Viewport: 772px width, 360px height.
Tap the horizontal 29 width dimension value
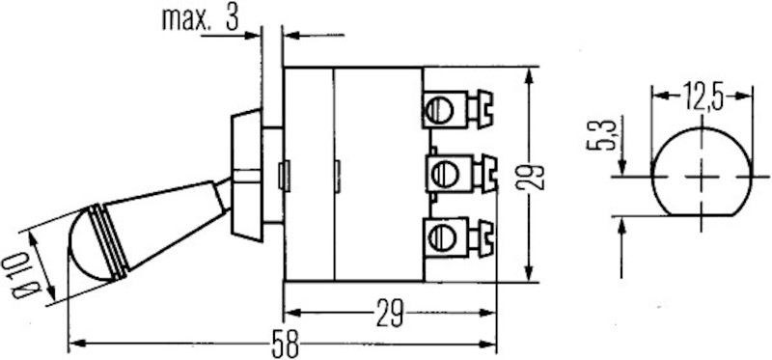coord(387,314)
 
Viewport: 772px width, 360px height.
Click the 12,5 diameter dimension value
coord(702,95)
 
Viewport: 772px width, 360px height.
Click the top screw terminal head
coord(440,108)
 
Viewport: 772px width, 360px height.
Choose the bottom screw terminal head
coord(440,237)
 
